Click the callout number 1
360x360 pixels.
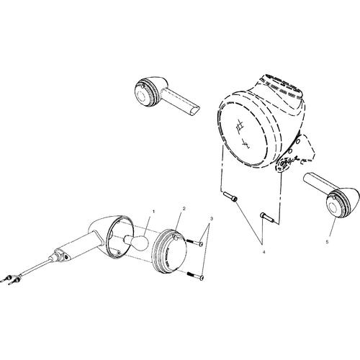154,212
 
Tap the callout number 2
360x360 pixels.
184,209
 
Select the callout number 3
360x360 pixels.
212,219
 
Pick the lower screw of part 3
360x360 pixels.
196,276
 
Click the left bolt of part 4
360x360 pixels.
230,197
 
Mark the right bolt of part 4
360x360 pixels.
267,217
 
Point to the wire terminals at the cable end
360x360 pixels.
12,279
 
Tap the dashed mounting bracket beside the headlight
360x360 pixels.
302,148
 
